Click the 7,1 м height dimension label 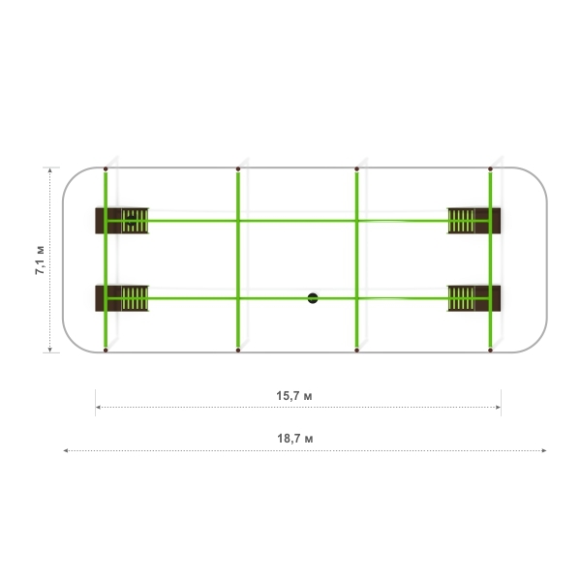40,260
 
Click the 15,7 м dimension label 294,396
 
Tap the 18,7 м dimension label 295,439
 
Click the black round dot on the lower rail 313,298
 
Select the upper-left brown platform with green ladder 122,221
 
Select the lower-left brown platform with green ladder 122,298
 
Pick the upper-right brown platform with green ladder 474,221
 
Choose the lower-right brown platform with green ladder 474,298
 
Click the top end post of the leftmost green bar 106,168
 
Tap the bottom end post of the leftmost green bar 106,350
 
